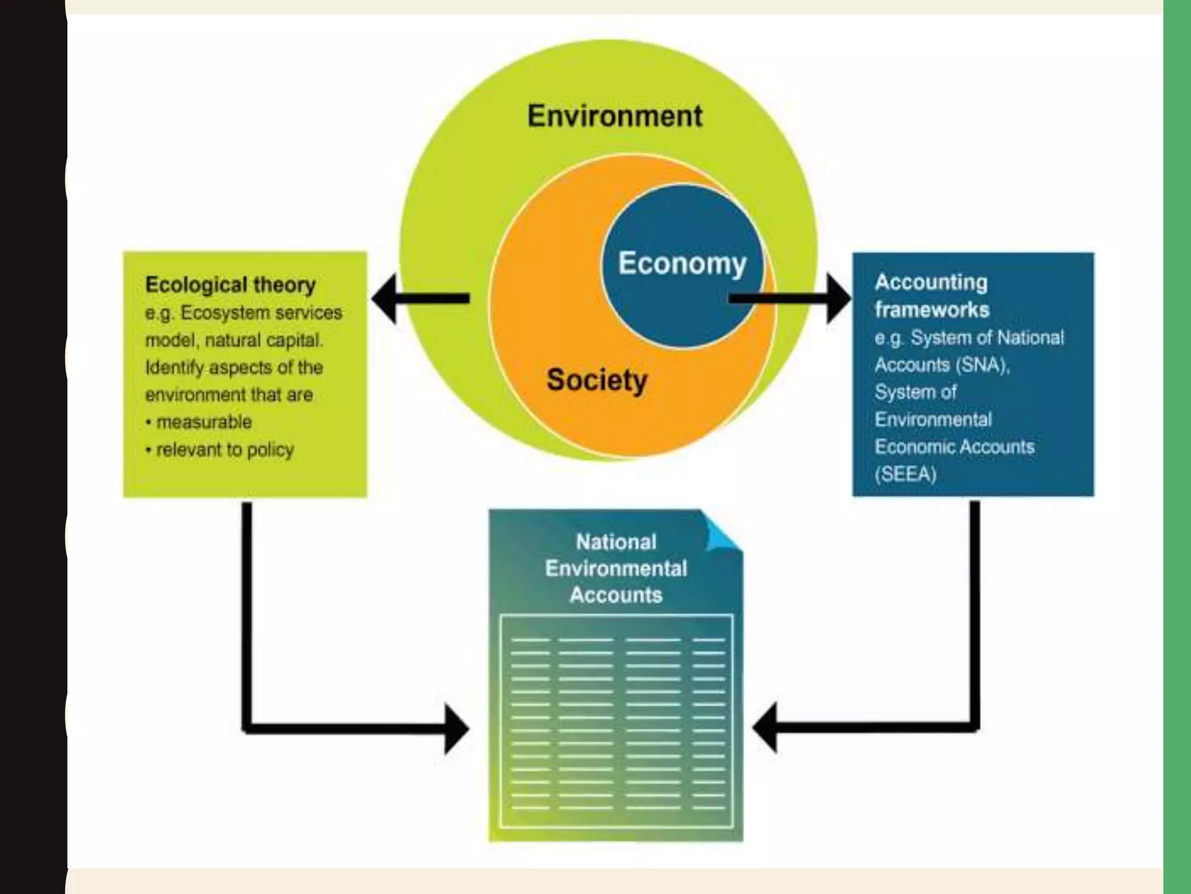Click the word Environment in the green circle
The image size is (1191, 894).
tap(615, 116)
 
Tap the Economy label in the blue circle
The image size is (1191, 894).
tap(682, 263)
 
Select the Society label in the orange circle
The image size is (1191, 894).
tap(597, 381)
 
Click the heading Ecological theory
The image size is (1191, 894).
tap(230, 285)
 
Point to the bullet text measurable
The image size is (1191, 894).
tap(204, 422)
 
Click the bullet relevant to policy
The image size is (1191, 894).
tap(225, 449)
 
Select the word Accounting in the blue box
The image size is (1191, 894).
tap(931, 282)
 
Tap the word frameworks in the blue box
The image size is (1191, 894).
tap(932, 310)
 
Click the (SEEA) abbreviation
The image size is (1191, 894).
tap(905, 474)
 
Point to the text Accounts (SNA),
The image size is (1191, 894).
tap(942, 365)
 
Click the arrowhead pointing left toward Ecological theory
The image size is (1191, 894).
tap(385, 299)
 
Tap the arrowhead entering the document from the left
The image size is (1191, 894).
tap(457, 728)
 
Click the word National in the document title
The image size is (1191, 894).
tap(616, 542)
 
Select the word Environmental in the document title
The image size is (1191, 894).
tap(616, 569)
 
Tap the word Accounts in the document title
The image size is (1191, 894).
tap(616, 595)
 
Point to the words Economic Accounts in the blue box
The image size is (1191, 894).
tap(954, 447)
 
